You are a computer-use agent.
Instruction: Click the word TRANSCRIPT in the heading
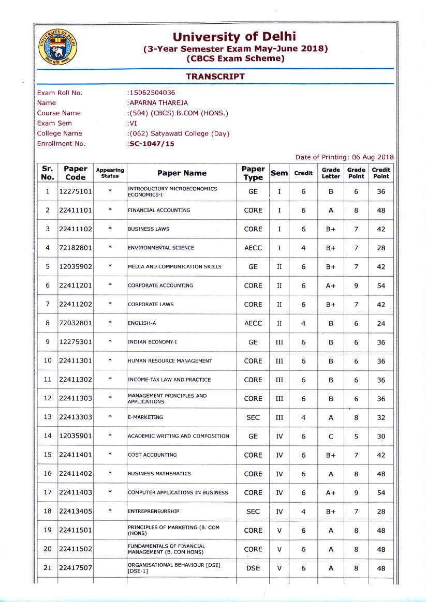coord(215,76)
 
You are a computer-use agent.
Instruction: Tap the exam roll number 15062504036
coord(152,93)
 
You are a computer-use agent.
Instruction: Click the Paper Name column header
coord(182,173)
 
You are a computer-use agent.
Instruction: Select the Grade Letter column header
coord(331,173)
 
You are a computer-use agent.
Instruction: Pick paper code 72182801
coord(76,248)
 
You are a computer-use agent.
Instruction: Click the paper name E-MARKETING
coord(145,417)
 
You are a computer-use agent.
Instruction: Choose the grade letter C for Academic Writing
coord(331,436)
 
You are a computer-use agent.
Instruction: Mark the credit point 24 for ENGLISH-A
coord(381,323)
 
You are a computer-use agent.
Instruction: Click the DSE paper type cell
coord(253,568)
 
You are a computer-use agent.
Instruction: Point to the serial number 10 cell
coord(48,361)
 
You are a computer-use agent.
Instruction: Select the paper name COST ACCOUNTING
coord(152,455)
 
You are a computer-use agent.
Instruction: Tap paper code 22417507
coord(76,568)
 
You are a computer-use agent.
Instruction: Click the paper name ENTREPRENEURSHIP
coord(154,511)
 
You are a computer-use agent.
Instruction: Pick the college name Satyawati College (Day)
coord(179,133)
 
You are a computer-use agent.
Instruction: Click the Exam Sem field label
coord(55,123)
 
